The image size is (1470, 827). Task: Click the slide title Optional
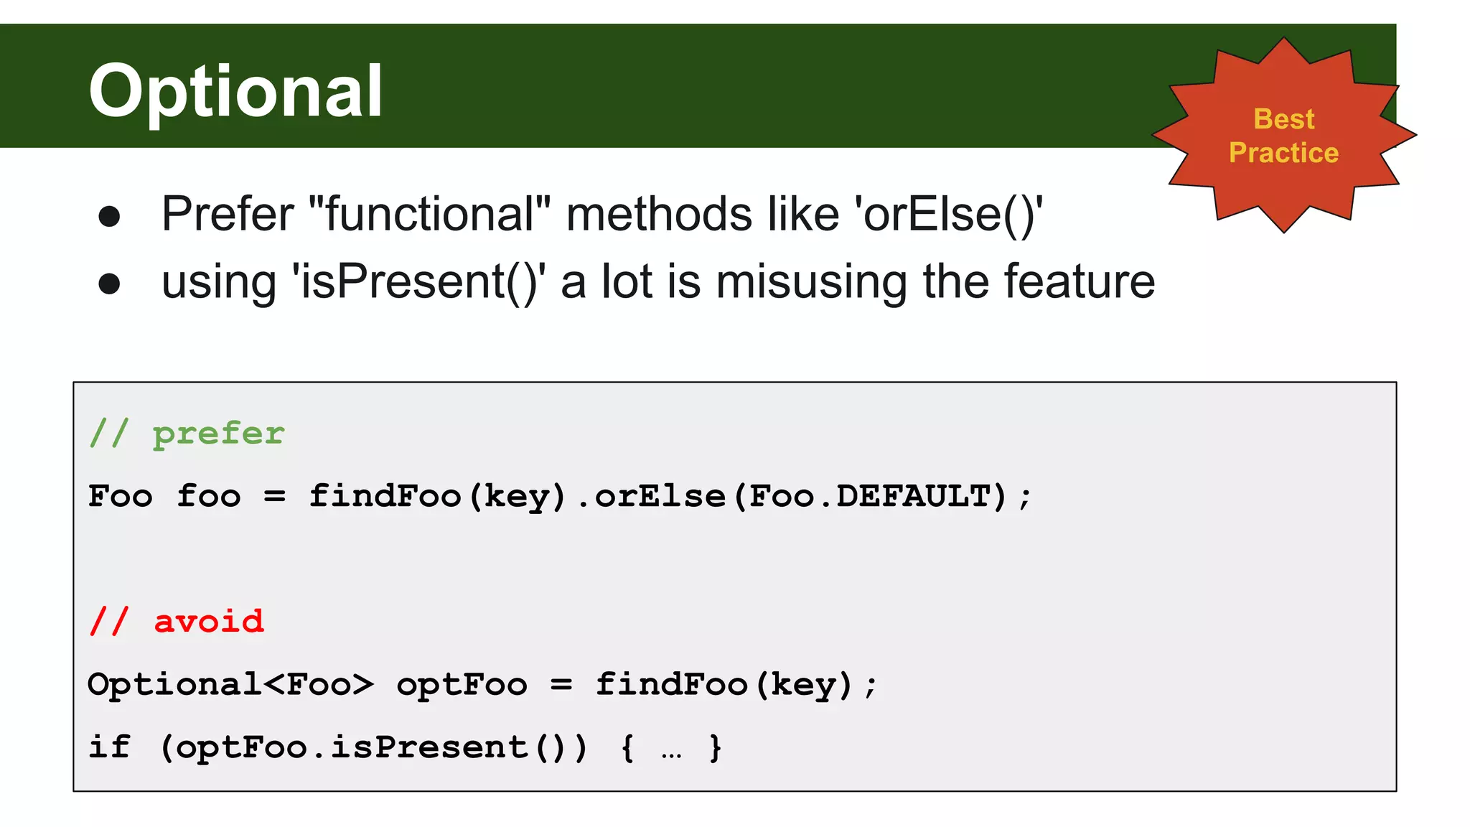click(x=235, y=91)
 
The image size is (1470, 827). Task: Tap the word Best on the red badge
click(x=1283, y=119)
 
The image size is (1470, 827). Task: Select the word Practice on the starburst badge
click(x=1283, y=153)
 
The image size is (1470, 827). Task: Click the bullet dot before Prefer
click(x=109, y=216)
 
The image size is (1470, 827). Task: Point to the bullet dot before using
click(x=109, y=284)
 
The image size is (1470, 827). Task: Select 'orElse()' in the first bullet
click(x=947, y=215)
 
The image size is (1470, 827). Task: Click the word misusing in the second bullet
click(x=811, y=281)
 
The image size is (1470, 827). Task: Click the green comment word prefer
click(x=218, y=434)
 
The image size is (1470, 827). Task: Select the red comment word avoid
click(x=209, y=622)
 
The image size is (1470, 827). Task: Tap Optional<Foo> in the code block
click(x=230, y=684)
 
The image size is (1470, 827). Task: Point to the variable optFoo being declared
click(x=462, y=685)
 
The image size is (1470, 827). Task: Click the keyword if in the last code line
click(x=109, y=747)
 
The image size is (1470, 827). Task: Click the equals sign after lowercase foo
click(x=274, y=496)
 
